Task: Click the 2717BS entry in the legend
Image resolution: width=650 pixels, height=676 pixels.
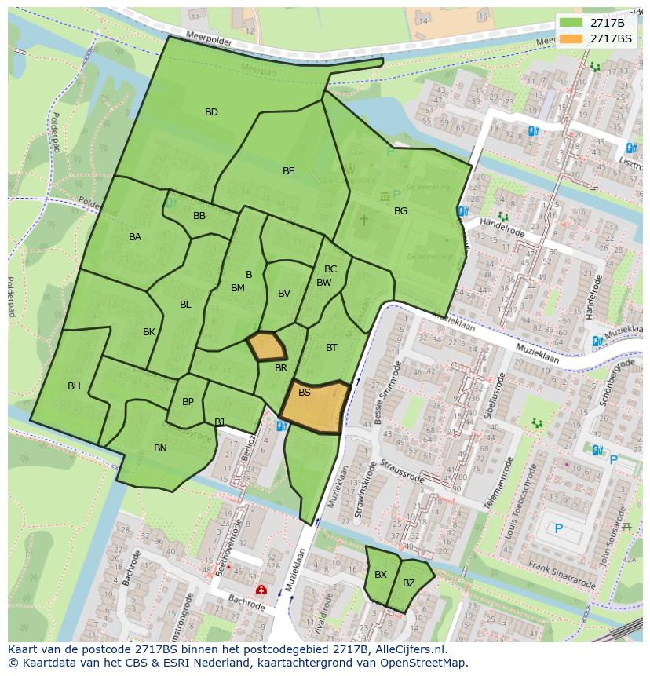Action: [x=611, y=38]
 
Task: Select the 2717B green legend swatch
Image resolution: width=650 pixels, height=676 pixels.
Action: [x=571, y=22]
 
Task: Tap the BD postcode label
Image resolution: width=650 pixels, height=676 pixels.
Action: [x=211, y=112]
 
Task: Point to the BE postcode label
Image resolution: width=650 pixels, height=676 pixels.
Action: [x=289, y=171]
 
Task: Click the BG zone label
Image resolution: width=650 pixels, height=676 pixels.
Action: [x=400, y=211]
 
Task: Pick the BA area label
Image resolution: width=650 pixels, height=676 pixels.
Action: [x=135, y=237]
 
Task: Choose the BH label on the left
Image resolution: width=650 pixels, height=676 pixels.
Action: [x=74, y=386]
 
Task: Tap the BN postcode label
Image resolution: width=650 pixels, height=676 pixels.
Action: [x=160, y=448]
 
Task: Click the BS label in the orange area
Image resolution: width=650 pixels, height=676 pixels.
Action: [x=305, y=393]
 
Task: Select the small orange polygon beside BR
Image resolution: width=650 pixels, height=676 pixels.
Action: [x=266, y=345]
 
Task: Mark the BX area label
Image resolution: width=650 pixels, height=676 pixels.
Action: [x=381, y=575]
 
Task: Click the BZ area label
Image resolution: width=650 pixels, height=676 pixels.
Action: [x=409, y=583]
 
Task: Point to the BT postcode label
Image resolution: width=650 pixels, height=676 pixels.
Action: [x=331, y=348]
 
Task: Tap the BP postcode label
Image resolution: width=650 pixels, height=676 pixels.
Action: [x=188, y=402]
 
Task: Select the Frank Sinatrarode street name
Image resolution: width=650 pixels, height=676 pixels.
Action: [x=561, y=575]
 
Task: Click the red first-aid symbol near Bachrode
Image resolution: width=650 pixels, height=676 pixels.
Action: [x=260, y=590]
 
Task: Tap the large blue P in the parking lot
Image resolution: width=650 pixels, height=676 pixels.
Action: [x=559, y=529]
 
